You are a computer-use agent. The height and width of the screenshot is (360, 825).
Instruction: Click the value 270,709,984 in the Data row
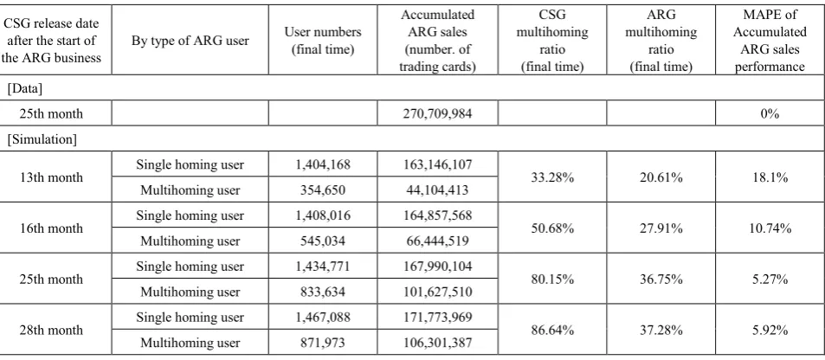coord(437,113)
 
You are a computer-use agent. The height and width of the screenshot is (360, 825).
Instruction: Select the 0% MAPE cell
coord(770,113)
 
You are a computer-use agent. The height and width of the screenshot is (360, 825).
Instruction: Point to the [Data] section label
coord(25,88)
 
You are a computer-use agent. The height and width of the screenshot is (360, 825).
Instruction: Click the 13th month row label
coord(51,177)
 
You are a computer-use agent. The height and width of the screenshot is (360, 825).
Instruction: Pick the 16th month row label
coord(51,228)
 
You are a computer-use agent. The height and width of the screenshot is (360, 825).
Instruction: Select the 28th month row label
coord(51,330)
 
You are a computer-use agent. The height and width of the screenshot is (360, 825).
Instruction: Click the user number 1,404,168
coord(323,164)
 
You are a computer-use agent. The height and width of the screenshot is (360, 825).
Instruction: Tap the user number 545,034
coord(323,241)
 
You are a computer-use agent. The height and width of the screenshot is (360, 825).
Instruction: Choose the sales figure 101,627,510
coord(437,292)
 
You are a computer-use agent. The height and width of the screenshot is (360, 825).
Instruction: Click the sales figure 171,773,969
coord(437,318)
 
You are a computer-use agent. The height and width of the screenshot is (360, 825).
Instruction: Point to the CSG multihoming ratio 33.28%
coord(552,177)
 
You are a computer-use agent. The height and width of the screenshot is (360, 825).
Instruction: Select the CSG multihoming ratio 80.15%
coord(552,279)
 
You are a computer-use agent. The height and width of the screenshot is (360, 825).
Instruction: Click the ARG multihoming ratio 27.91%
coord(661,228)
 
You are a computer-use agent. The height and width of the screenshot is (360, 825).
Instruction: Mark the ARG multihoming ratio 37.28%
coord(661,330)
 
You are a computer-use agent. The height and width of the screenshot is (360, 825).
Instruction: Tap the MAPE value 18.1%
coord(770,177)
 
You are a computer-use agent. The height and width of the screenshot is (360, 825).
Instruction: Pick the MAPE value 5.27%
coord(770,279)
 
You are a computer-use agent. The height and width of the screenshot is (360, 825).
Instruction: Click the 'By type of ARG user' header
coord(190,41)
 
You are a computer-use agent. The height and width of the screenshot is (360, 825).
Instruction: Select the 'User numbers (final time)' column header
coord(323,41)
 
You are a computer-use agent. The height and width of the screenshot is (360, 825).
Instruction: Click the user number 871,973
coord(323,343)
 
